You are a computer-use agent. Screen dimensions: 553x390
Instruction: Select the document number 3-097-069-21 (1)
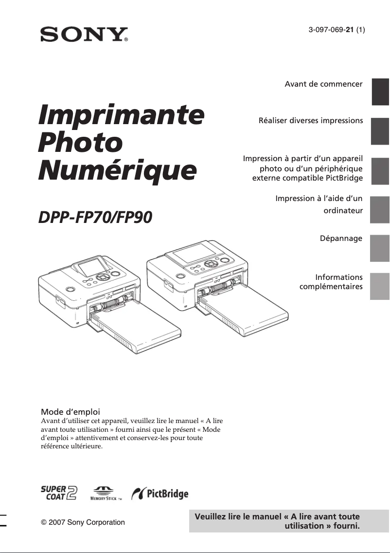click(337, 30)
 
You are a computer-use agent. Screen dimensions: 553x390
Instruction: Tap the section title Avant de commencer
click(323, 84)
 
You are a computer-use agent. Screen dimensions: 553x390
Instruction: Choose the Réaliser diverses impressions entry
click(311, 120)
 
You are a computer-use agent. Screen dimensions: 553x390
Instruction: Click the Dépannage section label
click(341, 239)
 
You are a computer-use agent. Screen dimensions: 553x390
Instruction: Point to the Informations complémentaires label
click(331, 282)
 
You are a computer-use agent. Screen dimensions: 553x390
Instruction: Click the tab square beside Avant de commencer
click(380, 92)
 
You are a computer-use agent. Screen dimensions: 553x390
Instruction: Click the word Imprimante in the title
click(121, 115)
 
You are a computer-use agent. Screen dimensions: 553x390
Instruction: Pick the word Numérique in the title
click(118, 171)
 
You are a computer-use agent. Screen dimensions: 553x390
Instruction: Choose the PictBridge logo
click(160, 494)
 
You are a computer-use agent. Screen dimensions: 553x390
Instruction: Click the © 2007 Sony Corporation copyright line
click(83, 522)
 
